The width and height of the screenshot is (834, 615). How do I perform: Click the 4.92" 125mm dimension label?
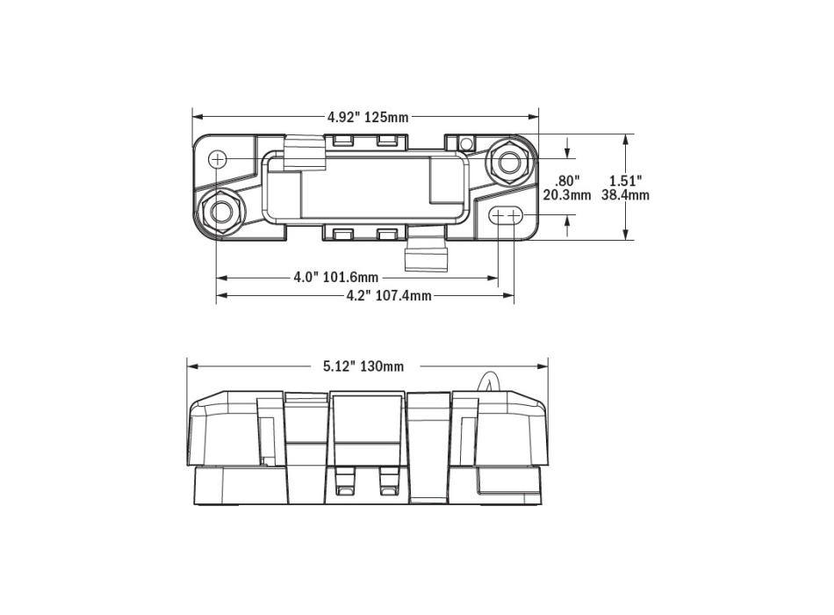367,117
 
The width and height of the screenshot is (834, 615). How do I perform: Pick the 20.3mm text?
567,195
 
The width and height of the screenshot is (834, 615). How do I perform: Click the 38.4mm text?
625,195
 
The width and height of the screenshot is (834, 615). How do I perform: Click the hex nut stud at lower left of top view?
221,212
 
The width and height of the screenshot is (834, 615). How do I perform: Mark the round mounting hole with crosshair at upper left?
219,159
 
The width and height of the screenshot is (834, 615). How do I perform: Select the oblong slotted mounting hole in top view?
506,215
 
